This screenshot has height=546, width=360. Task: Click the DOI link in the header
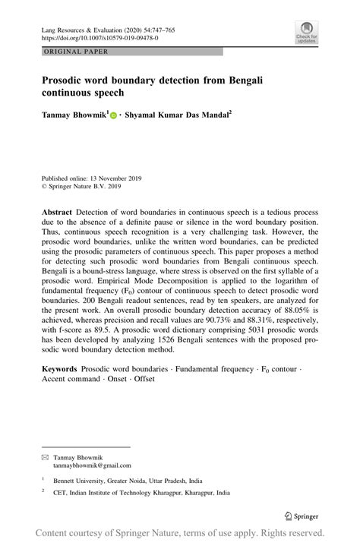(99, 36)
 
